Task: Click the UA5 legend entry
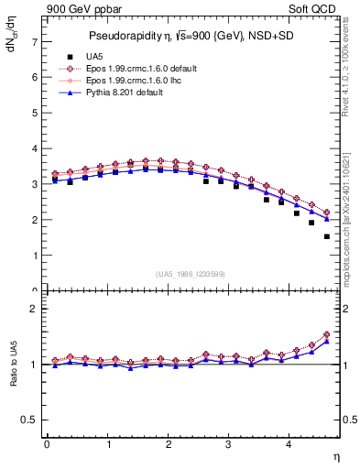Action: pos(87,57)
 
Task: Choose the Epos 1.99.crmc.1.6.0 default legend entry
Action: pos(138,69)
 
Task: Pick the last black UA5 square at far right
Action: pos(326,236)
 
